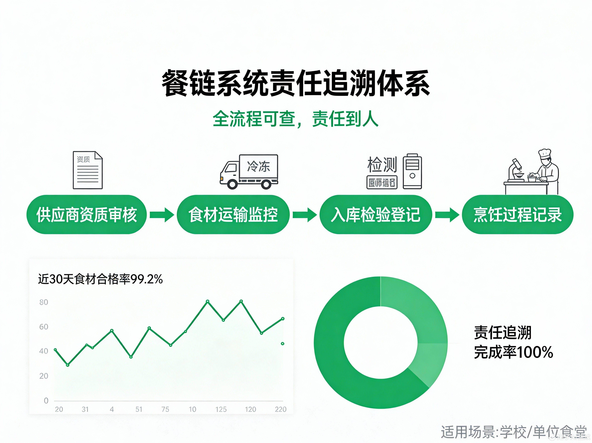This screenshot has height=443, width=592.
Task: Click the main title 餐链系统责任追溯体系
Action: click(x=296, y=83)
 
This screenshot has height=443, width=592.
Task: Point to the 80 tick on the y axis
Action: click(x=44, y=302)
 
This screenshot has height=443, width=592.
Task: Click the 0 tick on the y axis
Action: click(x=46, y=401)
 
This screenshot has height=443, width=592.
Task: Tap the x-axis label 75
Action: click(x=165, y=409)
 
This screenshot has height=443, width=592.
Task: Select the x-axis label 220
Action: click(x=281, y=409)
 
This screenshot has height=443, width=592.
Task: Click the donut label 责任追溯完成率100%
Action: click(x=513, y=342)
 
